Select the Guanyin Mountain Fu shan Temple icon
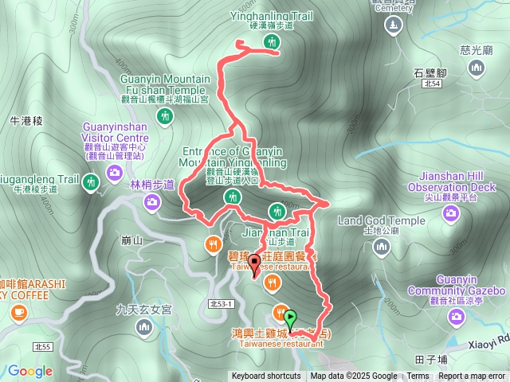(166, 117)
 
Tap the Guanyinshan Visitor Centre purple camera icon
(116, 172)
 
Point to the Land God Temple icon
(382, 248)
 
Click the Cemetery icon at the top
(392, 24)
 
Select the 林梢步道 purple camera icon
(151, 203)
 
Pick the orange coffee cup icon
(18, 313)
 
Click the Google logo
(30, 371)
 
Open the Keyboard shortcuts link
(266, 376)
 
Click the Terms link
(418, 376)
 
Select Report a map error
(472, 376)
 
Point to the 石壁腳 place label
(430, 73)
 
